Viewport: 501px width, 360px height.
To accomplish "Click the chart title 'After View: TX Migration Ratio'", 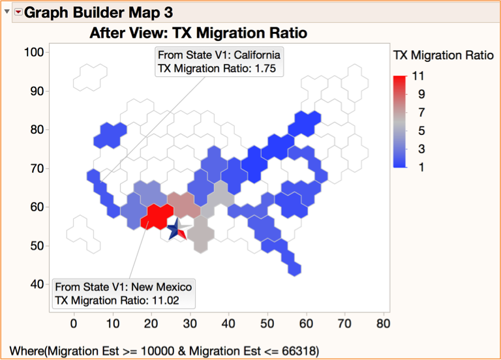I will click(x=198, y=33).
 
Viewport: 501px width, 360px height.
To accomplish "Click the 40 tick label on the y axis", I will click(x=36, y=284).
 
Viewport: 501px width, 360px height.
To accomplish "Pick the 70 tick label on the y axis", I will click(x=36, y=168).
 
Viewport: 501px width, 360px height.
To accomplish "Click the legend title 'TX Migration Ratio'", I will click(x=444, y=56).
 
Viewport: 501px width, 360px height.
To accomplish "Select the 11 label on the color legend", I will click(x=419, y=76).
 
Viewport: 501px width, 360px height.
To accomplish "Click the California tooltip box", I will click(x=219, y=61).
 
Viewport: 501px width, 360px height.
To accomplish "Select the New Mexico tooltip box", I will click(x=123, y=294).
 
